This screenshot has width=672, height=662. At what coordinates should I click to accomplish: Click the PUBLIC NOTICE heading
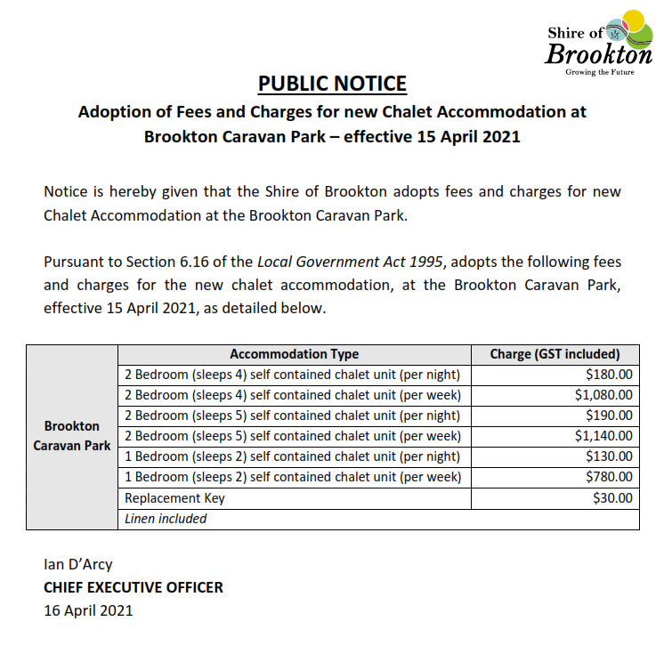[x=332, y=84]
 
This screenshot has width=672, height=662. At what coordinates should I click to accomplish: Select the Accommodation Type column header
[x=294, y=354]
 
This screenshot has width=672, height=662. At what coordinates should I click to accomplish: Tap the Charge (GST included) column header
[x=555, y=354]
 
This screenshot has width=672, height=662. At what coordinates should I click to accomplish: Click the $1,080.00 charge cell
[x=603, y=395]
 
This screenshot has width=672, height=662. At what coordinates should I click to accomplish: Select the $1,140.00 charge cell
[x=603, y=436]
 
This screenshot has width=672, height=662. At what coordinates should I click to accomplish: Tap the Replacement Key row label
[x=174, y=498]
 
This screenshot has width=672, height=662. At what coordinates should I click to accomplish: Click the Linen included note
[x=166, y=519]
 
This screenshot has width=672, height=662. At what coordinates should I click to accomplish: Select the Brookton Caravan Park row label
[x=72, y=436]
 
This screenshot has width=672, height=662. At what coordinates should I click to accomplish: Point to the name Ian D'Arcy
[x=78, y=564]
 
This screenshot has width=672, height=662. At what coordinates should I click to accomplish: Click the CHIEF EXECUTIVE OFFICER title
[x=134, y=587]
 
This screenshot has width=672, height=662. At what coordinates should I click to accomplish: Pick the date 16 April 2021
[x=88, y=610]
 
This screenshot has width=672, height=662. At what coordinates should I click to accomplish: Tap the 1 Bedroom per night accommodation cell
[x=293, y=456]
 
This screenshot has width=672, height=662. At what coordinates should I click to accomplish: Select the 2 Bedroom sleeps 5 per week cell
[x=293, y=436]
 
